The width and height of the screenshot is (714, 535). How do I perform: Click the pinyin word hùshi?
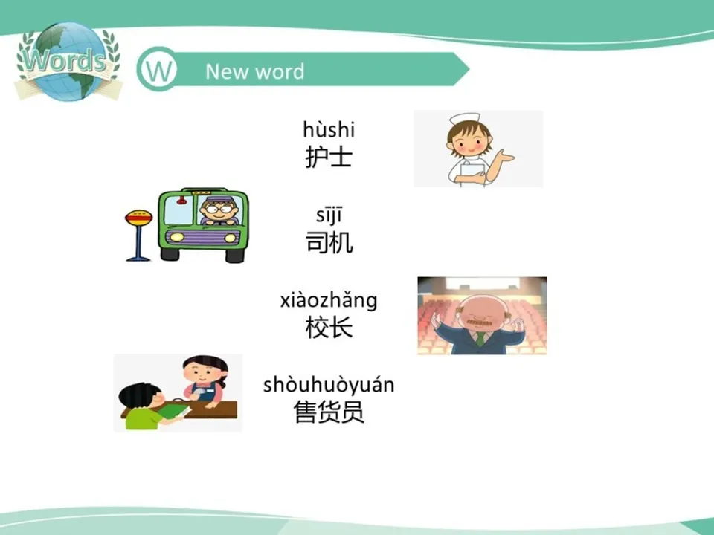click(329, 130)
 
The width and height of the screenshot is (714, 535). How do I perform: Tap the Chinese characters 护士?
click(329, 157)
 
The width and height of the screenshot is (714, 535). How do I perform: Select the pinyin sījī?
click(328, 216)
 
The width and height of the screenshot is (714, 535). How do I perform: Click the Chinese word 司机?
click(329, 242)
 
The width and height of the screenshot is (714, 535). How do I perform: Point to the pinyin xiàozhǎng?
click(329, 300)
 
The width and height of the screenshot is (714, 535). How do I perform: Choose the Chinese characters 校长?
click(329, 327)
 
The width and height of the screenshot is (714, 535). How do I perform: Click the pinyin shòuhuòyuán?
click(329, 385)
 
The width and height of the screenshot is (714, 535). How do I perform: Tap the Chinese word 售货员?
click(329, 412)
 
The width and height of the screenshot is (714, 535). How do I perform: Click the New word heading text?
click(254, 71)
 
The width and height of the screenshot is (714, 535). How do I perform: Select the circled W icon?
click(157, 71)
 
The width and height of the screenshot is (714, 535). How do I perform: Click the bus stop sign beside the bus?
click(138, 218)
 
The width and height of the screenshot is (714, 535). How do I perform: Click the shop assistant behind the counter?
click(203, 379)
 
